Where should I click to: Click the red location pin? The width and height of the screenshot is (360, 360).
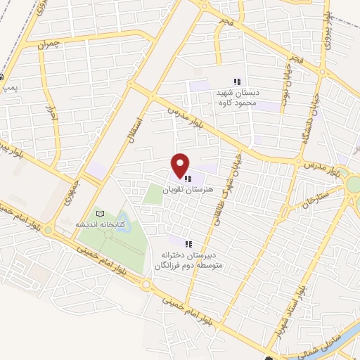click(x=181, y=165)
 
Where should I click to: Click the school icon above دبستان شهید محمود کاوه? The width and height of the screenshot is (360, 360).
click(x=237, y=82)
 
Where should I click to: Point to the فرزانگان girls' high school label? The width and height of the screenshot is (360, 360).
click(x=188, y=261)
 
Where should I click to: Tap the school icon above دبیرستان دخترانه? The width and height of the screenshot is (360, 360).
click(x=188, y=243)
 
